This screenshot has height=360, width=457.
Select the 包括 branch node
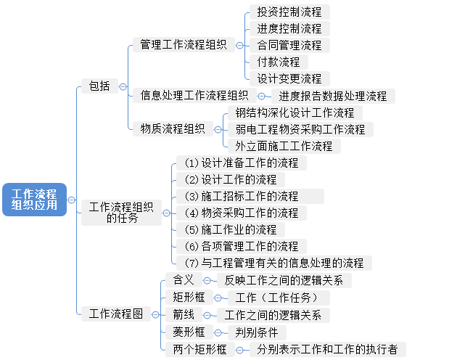tap(99, 86)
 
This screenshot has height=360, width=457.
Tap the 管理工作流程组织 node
tap(183, 45)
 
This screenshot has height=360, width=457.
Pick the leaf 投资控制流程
tap(289, 12)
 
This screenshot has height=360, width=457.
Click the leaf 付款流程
tap(278, 62)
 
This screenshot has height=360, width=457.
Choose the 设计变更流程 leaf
tap(289, 78)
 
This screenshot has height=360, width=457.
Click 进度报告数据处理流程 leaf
tap(333, 96)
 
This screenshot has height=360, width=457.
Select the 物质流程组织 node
tap(172, 128)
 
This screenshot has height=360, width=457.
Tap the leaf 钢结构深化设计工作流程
tap(295, 113)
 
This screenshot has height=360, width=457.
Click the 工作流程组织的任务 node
tap(121, 212)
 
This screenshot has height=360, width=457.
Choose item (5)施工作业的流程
tap(231, 229)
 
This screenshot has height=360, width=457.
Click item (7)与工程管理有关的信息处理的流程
tap(274, 263)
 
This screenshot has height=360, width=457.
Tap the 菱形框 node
tap(189, 332)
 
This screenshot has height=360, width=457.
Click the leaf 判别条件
tap(256, 332)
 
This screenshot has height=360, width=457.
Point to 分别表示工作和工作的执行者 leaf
tap(327, 349)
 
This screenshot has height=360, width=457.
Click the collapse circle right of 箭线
tap(207, 315)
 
